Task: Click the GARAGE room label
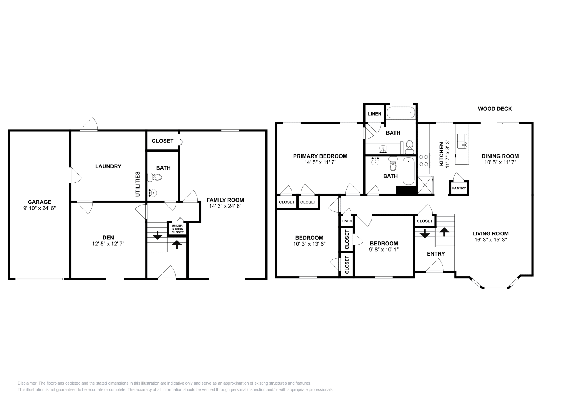(x=39, y=202)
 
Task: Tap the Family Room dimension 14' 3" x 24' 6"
(x=225, y=206)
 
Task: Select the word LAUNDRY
(x=108, y=166)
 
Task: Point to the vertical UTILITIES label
(x=137, y=184)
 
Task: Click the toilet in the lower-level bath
(x=155, y=177)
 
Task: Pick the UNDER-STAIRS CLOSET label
(x=178, y=229)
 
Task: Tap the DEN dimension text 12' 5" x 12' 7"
(x=108, y=244)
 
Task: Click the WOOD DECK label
(x=495, y=109)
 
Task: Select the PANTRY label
(x=459, y=188)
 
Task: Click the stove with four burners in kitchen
(x=424, y=161)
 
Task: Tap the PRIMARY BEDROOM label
(x=320, y=156)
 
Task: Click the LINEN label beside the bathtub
(x=375, y=114)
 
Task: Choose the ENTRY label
(x=436, y=254)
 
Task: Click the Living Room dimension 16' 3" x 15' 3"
(x=490, y=240)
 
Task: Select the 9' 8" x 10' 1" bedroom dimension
(x=384, y=250)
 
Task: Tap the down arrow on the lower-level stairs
(x=157, y=235)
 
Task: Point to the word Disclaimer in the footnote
(x=27, y=383)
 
